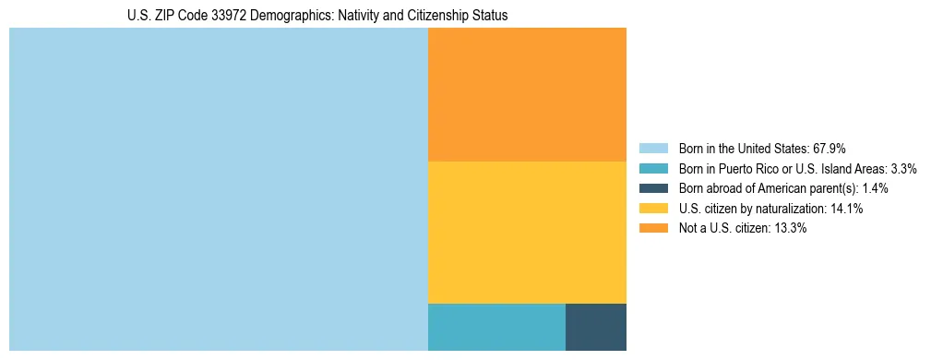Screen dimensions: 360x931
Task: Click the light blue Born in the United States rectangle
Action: (219, 189)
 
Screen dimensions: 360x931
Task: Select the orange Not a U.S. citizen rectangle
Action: (527, 94)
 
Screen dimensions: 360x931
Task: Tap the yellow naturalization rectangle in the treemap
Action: (527, 232)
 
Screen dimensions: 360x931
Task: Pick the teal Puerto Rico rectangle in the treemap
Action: (496, 327)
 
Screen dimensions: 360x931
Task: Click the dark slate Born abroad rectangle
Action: (595, 327)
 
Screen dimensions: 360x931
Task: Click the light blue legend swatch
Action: (653, 149)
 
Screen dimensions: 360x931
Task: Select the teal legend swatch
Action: (653, 169)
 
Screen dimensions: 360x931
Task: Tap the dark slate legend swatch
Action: (653, 188)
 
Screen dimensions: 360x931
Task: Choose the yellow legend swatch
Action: (653, 209)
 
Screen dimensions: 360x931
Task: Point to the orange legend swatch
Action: (653, 229)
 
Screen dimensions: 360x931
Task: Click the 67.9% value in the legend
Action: (829, 149)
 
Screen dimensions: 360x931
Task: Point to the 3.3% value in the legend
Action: (903, 169)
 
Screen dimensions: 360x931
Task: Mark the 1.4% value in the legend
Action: (876, 188)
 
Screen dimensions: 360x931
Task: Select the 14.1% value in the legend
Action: (847, 209)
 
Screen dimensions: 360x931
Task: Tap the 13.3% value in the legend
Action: (791, 229)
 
